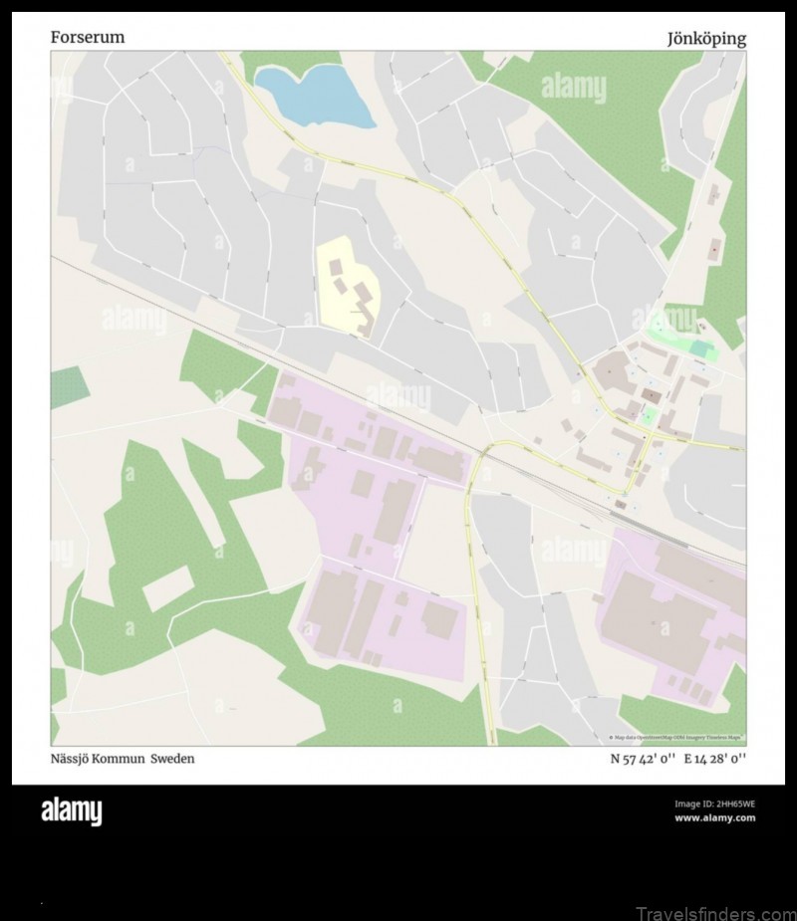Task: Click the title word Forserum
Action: (x=88, y=38)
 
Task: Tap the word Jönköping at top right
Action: (x=706, y=39)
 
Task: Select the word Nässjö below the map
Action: (x=74, y=759)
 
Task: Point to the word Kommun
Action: (x=131, y=759)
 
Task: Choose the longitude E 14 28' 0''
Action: (x=714, y=759)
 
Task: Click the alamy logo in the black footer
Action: (x=71, y=812)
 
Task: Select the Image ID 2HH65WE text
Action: (x=714, y=804)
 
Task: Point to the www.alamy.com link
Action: (x=714, y=818)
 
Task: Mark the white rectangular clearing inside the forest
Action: (x=167, y=589)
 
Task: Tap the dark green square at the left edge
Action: (x=68, y=386)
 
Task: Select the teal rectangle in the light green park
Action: (x=702, y=349)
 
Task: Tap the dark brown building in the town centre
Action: (x=651, y=396)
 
